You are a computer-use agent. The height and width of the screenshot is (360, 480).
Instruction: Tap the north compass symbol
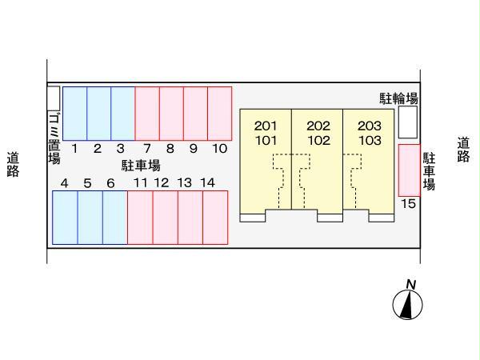(x=407, y=302)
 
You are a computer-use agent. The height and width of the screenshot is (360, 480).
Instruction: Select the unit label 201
(x=266, y=126)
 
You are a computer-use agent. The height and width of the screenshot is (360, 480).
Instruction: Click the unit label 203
(x=369, y=126)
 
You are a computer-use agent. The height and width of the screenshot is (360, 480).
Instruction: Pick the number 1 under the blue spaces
(x=74, y=148)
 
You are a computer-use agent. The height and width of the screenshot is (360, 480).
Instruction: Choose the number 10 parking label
(x=219, y=148)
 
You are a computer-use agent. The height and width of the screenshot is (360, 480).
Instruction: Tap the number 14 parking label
(x=208, y=183)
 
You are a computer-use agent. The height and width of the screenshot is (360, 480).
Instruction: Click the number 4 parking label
(x=64, y=183)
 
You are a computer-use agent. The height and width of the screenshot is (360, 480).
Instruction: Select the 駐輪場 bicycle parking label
(x=398, y=99)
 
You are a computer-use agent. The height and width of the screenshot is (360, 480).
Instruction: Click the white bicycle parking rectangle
(x=408, y=122)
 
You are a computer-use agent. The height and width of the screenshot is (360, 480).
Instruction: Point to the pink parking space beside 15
(x=408, y=170)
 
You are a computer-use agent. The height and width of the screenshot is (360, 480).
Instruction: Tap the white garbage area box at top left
(x=53, y=98)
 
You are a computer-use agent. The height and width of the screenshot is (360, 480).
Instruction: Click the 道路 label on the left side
(x=13, y=163)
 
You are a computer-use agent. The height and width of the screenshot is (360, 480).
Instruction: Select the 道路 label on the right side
(x=464, y=150)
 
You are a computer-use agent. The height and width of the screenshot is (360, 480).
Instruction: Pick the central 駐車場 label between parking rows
(x=142, y=166)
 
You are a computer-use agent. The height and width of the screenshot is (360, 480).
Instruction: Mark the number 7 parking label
(x=147, y=148)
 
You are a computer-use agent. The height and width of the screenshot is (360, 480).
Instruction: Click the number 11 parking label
(x=141, y=183)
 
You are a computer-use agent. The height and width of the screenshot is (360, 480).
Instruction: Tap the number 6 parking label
(x=110, y=183)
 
